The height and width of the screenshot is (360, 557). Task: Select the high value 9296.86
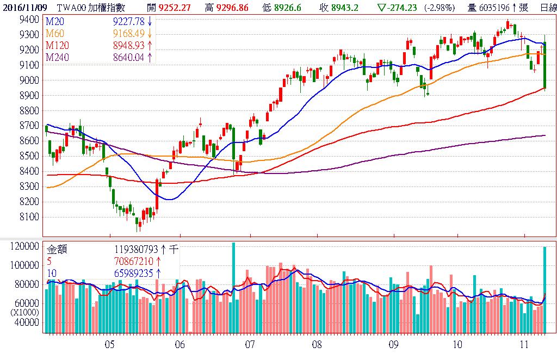(x=232, y=8)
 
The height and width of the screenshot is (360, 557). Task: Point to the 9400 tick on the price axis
(x=29, y=19)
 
